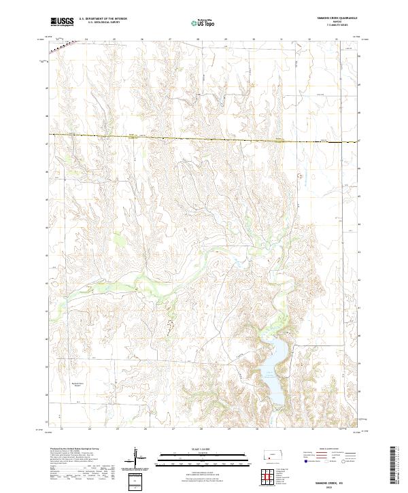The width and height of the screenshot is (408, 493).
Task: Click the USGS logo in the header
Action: (62, 22)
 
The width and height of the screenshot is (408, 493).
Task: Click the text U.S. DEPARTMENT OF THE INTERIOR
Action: (103, 19)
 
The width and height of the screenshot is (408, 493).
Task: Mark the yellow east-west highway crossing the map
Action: (204, 138)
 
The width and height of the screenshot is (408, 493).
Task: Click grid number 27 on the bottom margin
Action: (173, 429)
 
